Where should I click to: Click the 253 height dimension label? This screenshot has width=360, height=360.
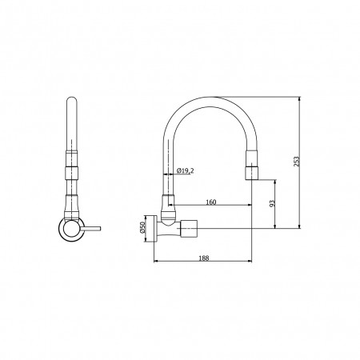tap(297, 162)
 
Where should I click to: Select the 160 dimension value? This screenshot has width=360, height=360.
tap(211, 202)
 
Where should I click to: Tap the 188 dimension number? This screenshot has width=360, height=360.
tap(204, 258)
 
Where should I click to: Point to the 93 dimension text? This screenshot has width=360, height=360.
tap(272, 204)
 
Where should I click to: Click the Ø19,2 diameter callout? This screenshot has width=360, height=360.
tap(185, 170)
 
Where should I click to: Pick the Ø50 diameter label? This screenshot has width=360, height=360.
tap(142, 226)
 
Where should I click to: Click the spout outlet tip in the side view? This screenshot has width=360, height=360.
tap(252, 178)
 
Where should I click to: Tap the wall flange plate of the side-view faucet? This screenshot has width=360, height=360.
tap(154, 229)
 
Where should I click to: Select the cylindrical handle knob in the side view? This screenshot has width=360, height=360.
tap(189, 229)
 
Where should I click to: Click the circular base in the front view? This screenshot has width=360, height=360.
tap(71, 229)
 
